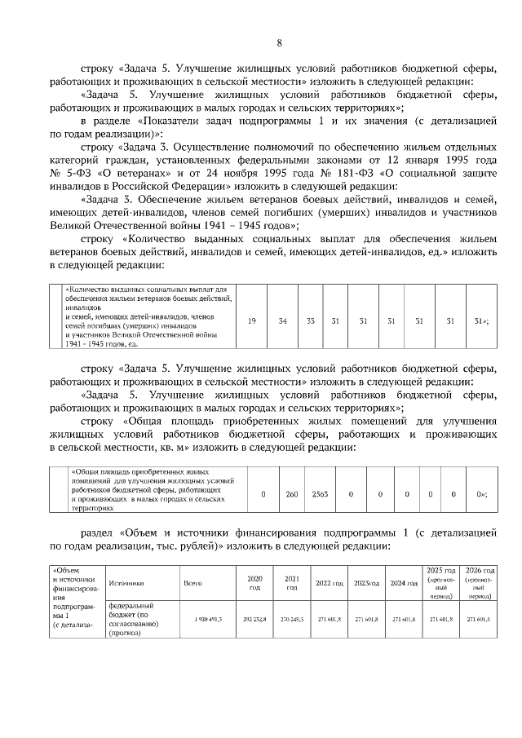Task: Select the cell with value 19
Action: (x=252, y=320)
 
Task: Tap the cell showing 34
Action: (x=282, y=320)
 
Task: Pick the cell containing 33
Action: (x=310, y=320)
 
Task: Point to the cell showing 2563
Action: (x=320, y=494)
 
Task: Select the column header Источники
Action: (x=126, y=583)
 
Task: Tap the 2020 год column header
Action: (x=254, y=582)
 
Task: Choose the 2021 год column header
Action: (x=291, y=582)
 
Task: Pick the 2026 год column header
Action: (x=478, y=582)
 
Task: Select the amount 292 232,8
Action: (x=254, y=621)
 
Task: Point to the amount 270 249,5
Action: (x=291, y=621)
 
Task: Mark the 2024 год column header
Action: (x=403, y=583)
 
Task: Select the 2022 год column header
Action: (x=329, y=583)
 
